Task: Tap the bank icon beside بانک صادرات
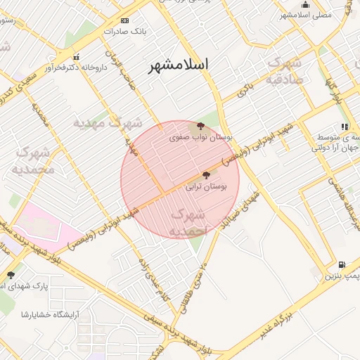[x=125, y=20]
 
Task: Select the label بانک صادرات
[x=124, y=32]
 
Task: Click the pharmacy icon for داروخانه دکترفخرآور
[x=77, y=57]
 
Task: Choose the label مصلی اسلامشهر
[x=305, y=15]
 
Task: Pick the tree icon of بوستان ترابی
[x=206, y=175]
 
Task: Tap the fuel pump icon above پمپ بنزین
[x=342, y=265]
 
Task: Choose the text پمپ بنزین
[x=341, y=276]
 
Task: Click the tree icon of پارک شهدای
[x=11, y=275]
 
